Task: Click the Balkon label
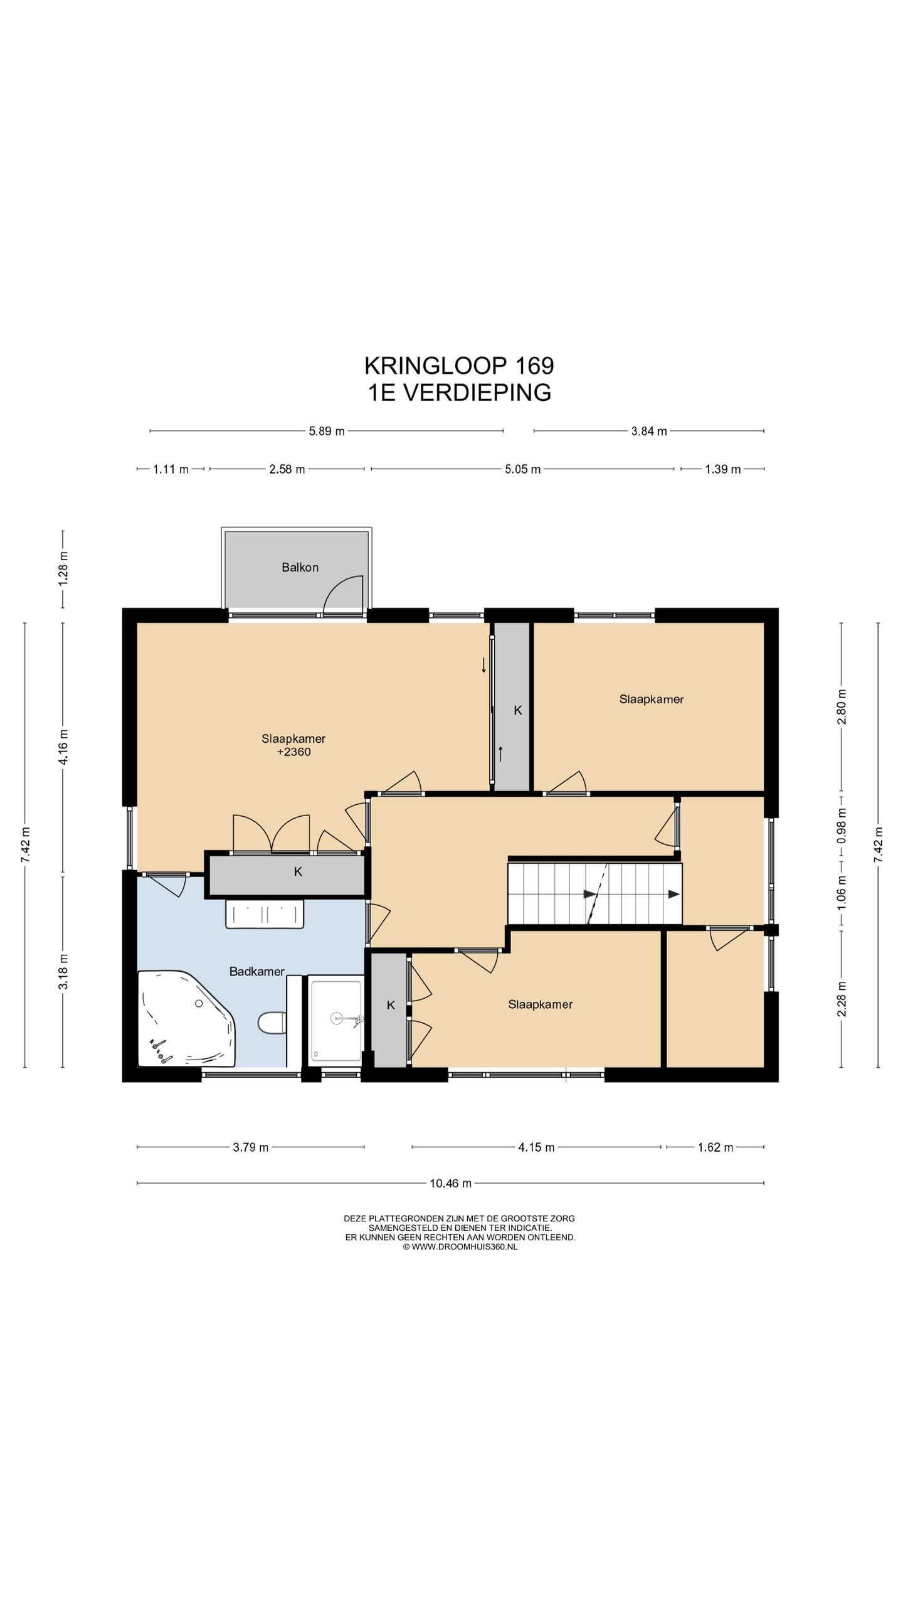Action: pyautogui.click(x=300, y=567)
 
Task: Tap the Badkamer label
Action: pyautogui.click(x=256, y=971)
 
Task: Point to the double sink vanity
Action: pyautogui.click(x=265, y=914)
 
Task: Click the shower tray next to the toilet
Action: pyautogui.click(x=336, y=1021)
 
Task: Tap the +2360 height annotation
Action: pyautogui.click(x=293, y=752)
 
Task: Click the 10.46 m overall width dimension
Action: pyautogui.click(x=450, y=1183)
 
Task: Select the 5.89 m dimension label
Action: pyautogui.click(x=327, y=431)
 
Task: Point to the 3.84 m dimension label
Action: pyautogui.click(x=649, y=431)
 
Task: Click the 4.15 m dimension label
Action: pyautogui.click(x=536, y=1147)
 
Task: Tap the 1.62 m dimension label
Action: pyautogui.click(x=716, y=1147)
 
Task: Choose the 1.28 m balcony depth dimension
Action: pyautogui.click(x=63, y=568)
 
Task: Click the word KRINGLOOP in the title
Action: pyautogui.click(x=436, y=365)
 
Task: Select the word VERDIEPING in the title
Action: pyautogui.click(x=477, y=392)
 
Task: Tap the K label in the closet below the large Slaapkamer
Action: pyautogui.click(x=298, y=871)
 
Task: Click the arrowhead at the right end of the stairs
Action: pyautogui.click(x=673, y=894)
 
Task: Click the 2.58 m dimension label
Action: pyautogui.click(x=287, y=469)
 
